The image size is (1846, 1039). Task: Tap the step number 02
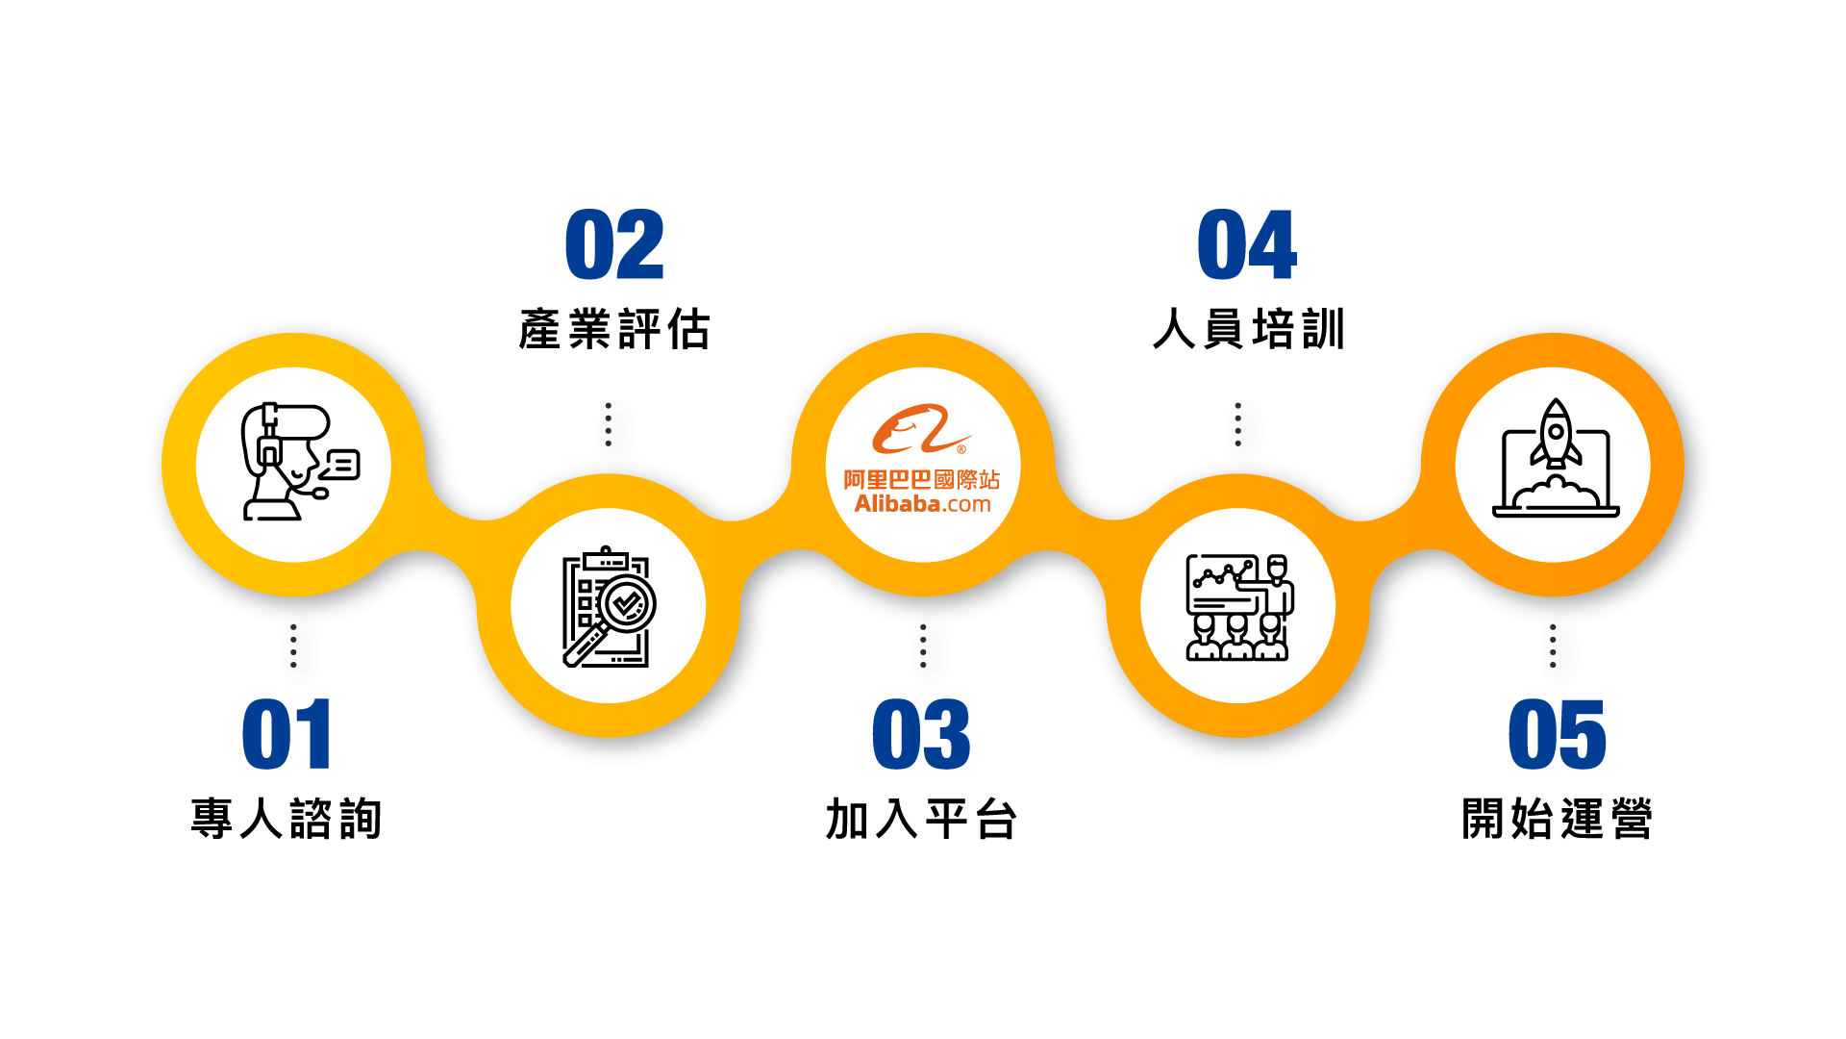pyautogui.click(x=614, y=245)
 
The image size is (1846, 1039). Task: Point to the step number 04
pyautogui.click(x=1247, y=245)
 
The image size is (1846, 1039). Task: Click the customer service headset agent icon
pyautogui.click(x=285, y=462)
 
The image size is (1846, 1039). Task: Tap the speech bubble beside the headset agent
pyautogui.click(x=342, y=465)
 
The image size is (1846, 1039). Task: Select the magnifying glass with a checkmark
pyautogui.click(x=626, y=604)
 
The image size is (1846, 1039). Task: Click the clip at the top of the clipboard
pyautogui.click(x=606, y=557)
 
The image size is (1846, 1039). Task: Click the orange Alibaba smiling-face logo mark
pyautogui.click(x=919, y=429)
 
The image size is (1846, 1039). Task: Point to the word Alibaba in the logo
pyautogui.click(x=897, y=504)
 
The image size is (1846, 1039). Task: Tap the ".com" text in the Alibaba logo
pyautogui.click(x=966, y=504)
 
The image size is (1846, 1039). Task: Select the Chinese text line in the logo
pyautogui.click(x=921, y=479)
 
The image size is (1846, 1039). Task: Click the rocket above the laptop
pyautogui.click(x=1556, y=432)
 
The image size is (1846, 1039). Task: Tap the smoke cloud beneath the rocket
pyautogui.click(x=1555, y=492)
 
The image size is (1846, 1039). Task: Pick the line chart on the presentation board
pyautogui.click(x=1220, y=575)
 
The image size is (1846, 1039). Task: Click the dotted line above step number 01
pyautogui.click(x=293, y=645)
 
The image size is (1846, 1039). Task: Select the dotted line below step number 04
pyautogui.click(x=1237, y=424)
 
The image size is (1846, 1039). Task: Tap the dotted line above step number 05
pyautogui.click(x=1553, y=645)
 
